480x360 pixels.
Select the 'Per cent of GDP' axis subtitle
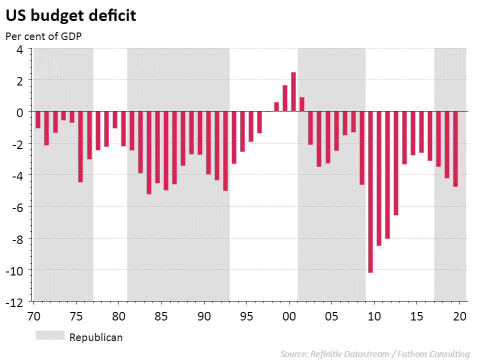point(43,36)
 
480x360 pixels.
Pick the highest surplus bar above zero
point(293,91)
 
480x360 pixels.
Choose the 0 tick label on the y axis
point(20,112)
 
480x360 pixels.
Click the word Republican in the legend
point(96,337)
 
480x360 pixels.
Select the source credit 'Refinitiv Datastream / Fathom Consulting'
point(375,354)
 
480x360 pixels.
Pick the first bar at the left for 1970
point(38,119)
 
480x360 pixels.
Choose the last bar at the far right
point(455,148)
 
